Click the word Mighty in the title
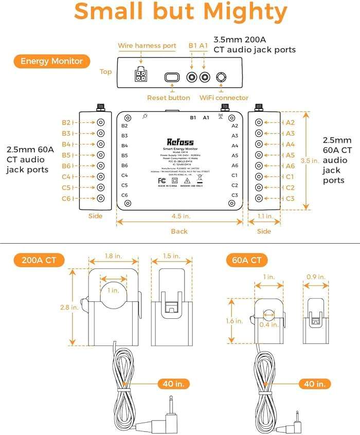click(x=245, y=12)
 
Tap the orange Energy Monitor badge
click(x=51, y=61)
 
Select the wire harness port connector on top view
click(x=140, y=76)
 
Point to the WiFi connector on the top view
click(x=222, y=77)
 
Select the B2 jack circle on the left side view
click(x=101, y=123)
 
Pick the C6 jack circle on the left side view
click(x=101, y=198)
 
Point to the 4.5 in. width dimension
click(x=179, y=216)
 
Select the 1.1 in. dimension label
click(x=264, y=216)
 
